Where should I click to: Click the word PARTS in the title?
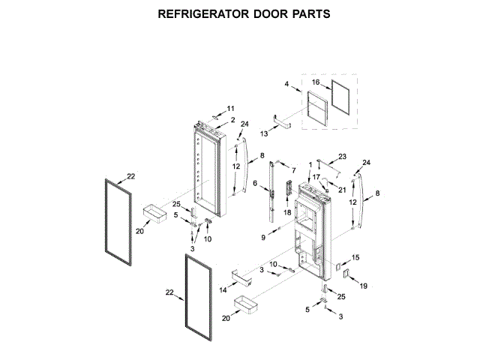(x=309, y=14)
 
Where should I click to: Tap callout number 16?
(x=316, y=82)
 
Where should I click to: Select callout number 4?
(x=287, y=85)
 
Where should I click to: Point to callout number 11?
(x=231, y=108)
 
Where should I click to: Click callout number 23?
(x=343, y=156)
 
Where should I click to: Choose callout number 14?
(x=223, y=289)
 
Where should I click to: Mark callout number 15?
(x=355, y=257)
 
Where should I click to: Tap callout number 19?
(x=363, y=286)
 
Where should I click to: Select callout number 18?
(x=286, y=213)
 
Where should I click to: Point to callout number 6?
(x=255, y=183)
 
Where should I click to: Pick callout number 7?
(x=293, y=170)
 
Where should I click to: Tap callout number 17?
(x=316, y=177)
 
